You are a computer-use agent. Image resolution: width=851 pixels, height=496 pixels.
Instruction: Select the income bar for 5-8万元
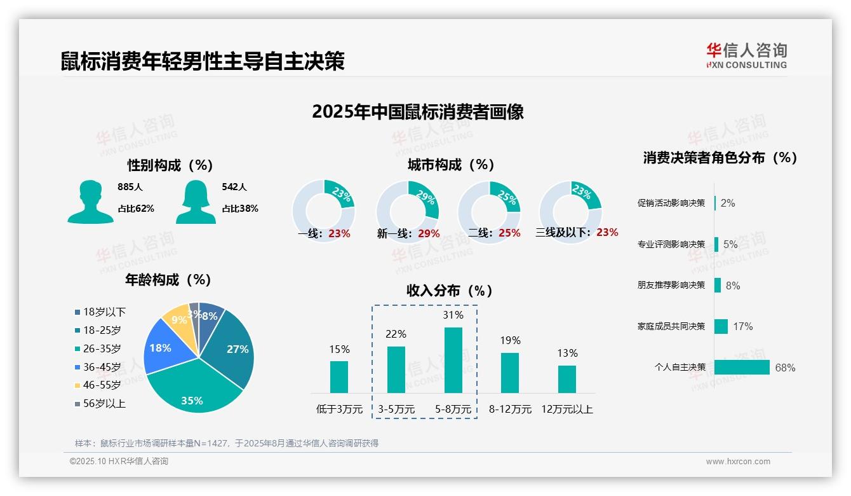pyautogui.click(x=453, y=360)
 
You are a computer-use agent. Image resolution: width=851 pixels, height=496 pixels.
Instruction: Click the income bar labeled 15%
pyautogui.click(x=339, y=376)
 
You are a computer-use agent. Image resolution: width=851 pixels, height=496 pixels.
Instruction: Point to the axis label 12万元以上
pyautogui.click(x=566, y=410)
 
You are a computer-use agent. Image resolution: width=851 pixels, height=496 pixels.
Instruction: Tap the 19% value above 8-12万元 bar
pyautogui.click(x=509, y=340)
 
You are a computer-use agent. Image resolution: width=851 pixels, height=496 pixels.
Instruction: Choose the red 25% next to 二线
pyautogui.click(x=509, y=233)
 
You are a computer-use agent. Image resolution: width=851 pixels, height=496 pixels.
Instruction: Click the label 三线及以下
pyautogui.click(x=563, y=233)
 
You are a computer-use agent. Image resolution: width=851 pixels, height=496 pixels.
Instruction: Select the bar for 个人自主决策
pyautogui.click(x=742, y=368)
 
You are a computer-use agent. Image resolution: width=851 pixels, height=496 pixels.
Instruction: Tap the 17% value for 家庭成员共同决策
pyautogui.click(x=742, y=326)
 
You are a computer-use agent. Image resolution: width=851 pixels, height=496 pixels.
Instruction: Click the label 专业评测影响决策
pyautogui.click(x=671, y=244)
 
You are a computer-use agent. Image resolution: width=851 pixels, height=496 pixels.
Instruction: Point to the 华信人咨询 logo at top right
pyautogui.click(x=746, y=55)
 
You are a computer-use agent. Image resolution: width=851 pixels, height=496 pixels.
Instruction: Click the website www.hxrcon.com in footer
pyautogui.click(x=737, y=462)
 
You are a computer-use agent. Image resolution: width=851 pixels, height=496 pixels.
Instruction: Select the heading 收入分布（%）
pyautogui.click(x=450, y=291)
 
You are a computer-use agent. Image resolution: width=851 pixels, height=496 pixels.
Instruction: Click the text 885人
pyautogui.click(x=130, y=188)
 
